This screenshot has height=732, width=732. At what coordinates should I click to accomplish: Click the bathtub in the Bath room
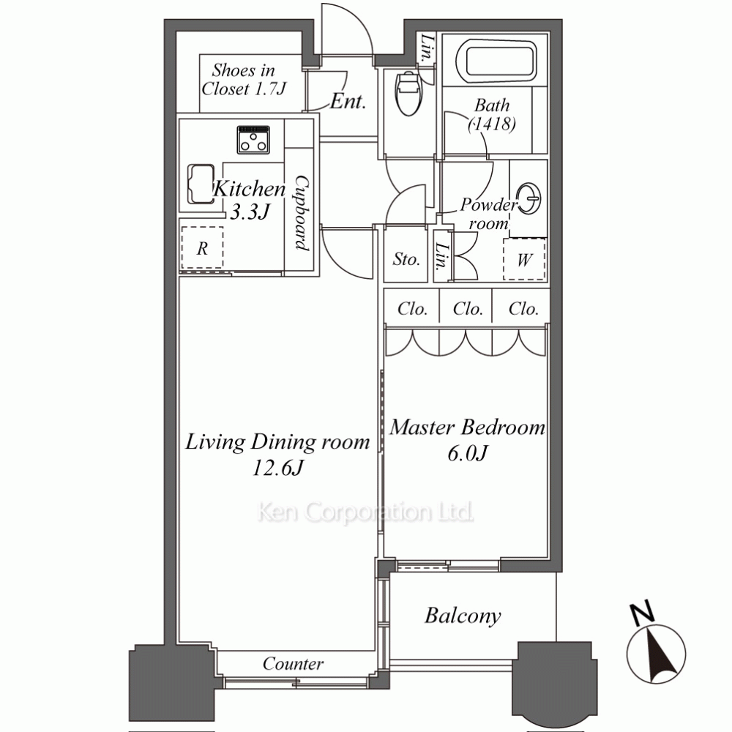[496, 60]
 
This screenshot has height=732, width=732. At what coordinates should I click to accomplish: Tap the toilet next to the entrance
[408, 92]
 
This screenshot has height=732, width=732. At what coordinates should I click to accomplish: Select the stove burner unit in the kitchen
[253, 140]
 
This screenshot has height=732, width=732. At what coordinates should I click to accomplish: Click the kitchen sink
[201, 184]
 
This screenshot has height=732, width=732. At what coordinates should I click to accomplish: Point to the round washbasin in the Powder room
[529, 198]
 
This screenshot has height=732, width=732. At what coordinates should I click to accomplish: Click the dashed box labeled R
[202, 247]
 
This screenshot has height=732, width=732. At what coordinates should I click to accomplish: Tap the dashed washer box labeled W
[524, 260]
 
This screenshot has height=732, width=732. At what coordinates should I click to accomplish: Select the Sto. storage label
[406, 259]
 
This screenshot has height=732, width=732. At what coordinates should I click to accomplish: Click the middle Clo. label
[468, 309]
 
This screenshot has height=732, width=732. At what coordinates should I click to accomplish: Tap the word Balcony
[463, 616]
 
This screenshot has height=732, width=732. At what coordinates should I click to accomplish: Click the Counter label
[293, 663]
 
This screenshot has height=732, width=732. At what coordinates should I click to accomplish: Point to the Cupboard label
[302, 213]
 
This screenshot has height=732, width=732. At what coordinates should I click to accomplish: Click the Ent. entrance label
[348, 101]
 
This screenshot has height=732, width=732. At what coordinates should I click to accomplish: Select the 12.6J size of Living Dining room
[278, 468]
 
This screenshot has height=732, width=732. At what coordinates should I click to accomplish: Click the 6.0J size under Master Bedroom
[467, 453]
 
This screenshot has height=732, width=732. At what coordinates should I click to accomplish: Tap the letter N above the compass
[642, 613]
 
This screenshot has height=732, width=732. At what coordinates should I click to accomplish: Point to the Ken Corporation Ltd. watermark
[365, 512]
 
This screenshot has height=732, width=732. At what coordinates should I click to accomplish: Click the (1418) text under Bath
[492, 124]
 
